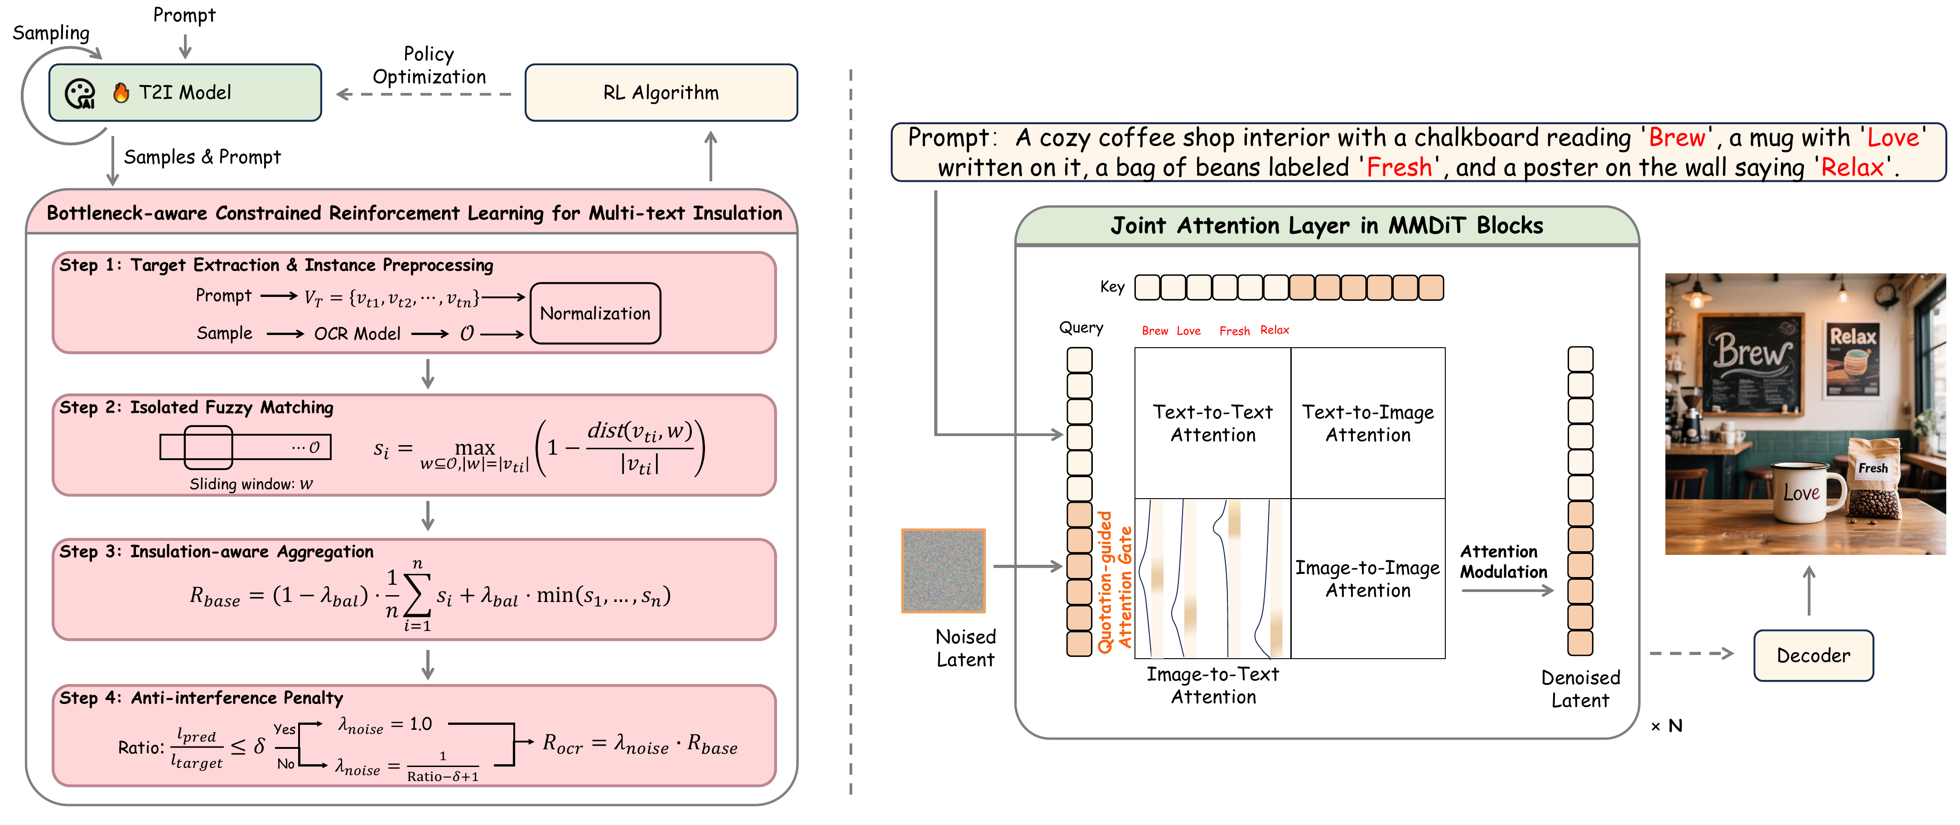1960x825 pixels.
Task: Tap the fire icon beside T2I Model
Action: tap(120, 93)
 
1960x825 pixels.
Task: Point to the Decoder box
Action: tap(1813, 655)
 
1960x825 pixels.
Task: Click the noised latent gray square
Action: tap(943, 571)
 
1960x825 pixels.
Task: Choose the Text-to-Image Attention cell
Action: tap(1367, 423)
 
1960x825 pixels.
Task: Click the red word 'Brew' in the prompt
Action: tap(1676, 138)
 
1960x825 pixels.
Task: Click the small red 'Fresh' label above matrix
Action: tap(1234, 331)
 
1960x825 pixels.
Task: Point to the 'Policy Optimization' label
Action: tap(429, 65)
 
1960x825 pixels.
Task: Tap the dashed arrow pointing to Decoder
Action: tap(1691, 654)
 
